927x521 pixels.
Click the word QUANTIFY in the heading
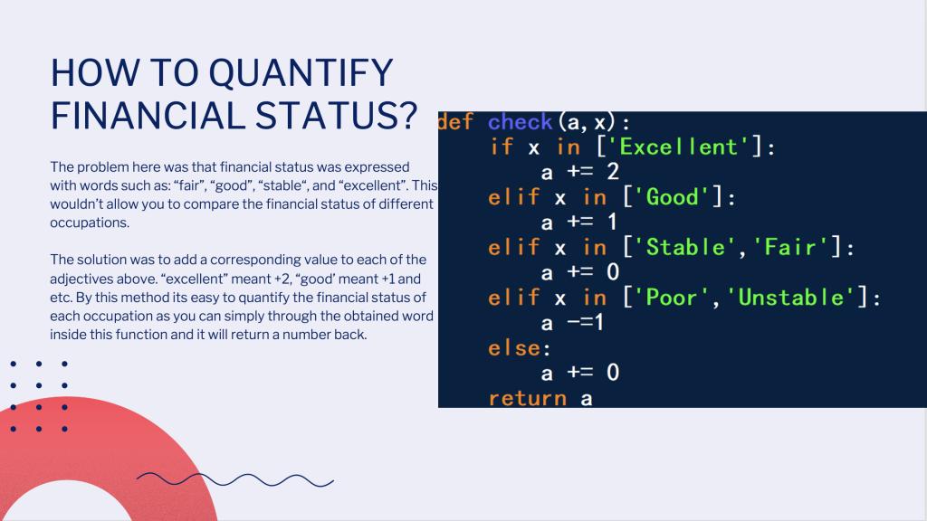click(301, 74)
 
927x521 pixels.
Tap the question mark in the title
click(406, 115)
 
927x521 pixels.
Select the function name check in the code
click(520, 122)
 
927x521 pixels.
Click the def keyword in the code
click(455, 122)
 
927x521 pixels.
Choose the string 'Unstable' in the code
click(791, 297)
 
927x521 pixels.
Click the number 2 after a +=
click(613, 172)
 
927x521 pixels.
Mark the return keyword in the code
click(528, 398)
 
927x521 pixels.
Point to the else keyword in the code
click(514, 348)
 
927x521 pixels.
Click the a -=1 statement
click(572, 323)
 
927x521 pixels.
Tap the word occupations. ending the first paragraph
click(90, 223)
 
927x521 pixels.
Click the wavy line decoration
click(234, 479)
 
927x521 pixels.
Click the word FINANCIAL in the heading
click(148, 115)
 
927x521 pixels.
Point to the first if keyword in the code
click(502, 147)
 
